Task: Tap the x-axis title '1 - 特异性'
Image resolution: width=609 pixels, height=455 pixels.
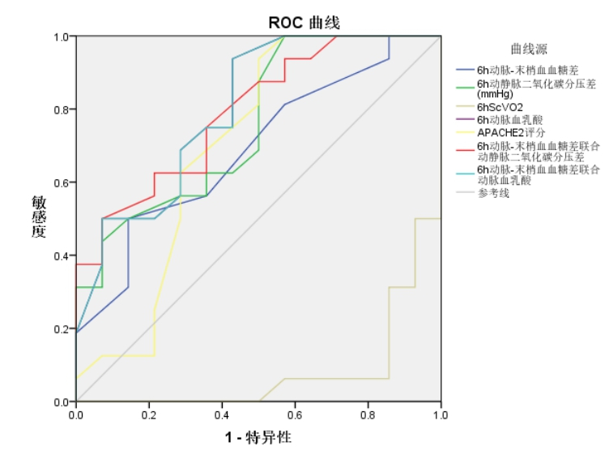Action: click(258, 438)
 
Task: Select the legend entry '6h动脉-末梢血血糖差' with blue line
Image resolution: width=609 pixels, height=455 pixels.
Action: click(522, 71)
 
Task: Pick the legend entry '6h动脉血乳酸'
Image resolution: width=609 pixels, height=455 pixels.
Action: click(511, 119)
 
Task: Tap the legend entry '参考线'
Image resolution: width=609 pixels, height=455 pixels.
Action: click(493, 192)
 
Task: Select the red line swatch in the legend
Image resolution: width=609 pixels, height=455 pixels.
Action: click(466, 146)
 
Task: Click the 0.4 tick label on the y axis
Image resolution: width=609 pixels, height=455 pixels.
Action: click(62, 255)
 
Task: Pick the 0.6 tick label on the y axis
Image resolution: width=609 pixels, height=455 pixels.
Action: click(62, 182)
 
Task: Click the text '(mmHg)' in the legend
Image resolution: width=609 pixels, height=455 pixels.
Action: click(494, 94)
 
